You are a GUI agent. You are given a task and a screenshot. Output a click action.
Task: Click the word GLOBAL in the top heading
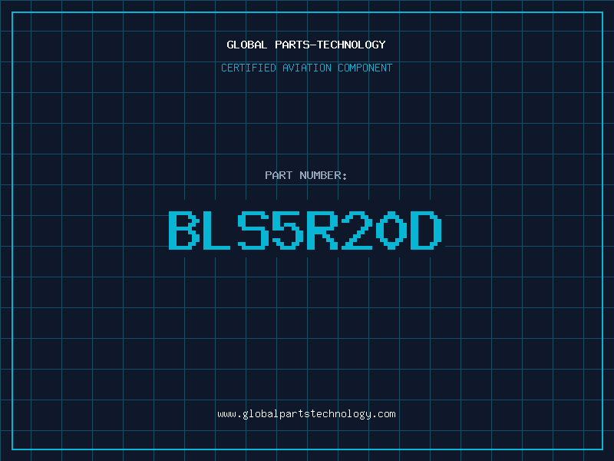click(247, 45)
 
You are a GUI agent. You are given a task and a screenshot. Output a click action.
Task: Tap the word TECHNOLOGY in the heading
click(352, 45)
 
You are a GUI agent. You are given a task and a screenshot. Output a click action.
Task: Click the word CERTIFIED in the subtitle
click(249, 68)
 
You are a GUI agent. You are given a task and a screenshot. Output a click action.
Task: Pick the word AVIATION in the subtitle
click(307, 68)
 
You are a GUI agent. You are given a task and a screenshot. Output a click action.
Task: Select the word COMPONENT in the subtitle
click(365, 68)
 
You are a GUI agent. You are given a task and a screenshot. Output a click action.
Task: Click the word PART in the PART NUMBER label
click(279, 175)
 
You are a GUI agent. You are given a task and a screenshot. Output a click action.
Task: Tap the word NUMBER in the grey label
click(320, 175)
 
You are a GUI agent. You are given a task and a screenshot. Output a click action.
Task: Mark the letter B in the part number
click(183, 230)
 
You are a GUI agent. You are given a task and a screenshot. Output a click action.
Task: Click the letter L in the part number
click(216, 230)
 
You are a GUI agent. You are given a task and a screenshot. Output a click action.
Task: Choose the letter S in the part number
click(253, 230)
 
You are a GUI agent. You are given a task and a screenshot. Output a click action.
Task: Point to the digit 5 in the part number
click(288, 230)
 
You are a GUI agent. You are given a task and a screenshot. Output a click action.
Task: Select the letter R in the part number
click(322, 230)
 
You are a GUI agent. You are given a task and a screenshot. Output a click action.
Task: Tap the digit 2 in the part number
click(357, 230)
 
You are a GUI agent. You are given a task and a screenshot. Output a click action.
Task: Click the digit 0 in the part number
click(391, 230)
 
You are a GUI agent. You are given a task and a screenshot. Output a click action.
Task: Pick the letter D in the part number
click(426, 230)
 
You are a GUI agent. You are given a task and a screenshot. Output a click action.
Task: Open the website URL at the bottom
click(306, 414)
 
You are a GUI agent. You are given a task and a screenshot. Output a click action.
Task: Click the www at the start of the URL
click(227, 415)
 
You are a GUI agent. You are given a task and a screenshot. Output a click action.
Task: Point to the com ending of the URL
click(387, 415)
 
